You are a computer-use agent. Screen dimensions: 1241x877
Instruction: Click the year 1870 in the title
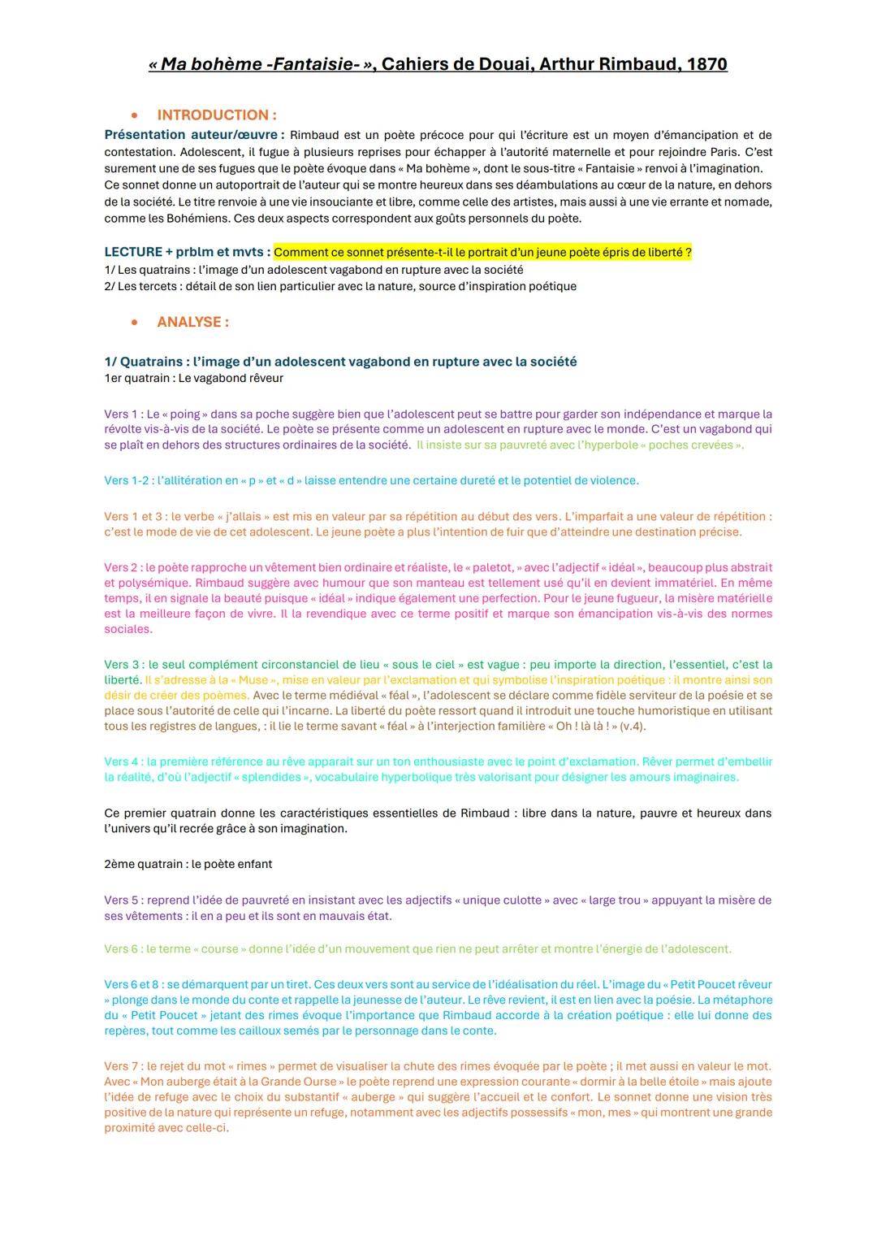[704, 64]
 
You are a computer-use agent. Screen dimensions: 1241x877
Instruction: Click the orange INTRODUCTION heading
[216, 115]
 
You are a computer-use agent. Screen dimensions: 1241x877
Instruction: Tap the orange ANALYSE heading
[192, 322]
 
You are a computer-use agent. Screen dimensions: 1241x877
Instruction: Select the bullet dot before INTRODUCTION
[135, 115]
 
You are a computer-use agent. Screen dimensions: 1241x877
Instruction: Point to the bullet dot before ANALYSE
[135, 322]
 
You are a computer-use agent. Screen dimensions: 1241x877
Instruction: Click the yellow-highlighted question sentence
[482, 253]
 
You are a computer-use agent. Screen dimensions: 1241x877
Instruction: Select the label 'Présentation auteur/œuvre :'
[194, 135]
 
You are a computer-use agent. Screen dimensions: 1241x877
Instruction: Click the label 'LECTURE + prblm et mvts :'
[187, 253]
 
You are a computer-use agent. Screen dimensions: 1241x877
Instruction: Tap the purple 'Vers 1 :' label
[123, 414]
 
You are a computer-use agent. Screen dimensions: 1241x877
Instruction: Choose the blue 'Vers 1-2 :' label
[129, 480]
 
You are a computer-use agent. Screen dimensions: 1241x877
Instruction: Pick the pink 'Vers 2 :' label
[123, 567]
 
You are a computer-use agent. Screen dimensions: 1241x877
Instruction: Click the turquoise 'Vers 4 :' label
[123, 762]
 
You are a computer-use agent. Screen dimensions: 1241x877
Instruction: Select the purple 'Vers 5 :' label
[123, 900]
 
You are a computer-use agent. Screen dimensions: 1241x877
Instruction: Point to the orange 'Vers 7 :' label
[123, 1066]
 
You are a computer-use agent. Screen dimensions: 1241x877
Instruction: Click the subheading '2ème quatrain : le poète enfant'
[188, 864]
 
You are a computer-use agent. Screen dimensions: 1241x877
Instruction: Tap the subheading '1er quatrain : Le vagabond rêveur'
[193, 378]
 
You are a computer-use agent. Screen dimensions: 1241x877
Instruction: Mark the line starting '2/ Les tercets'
[340, 286]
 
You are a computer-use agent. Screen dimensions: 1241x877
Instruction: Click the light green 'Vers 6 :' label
[123, 949]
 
